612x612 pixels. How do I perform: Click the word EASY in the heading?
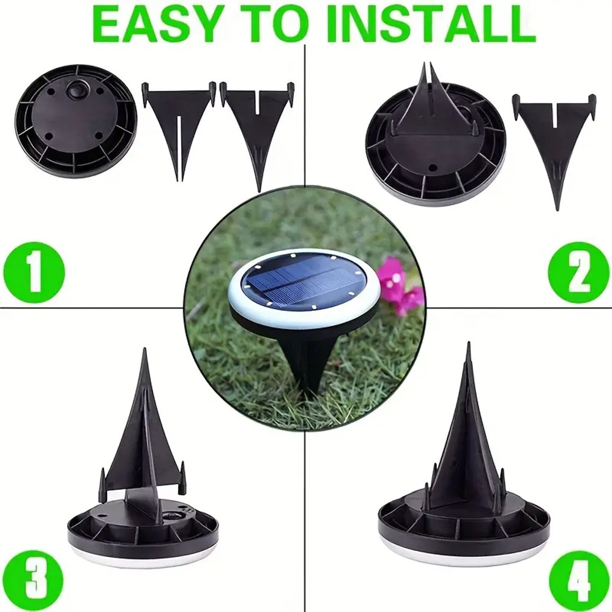click(x=155, y=22)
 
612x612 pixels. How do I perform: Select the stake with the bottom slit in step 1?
click(x=178, y=131)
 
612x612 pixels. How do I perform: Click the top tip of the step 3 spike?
click(x=145, y=349)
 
